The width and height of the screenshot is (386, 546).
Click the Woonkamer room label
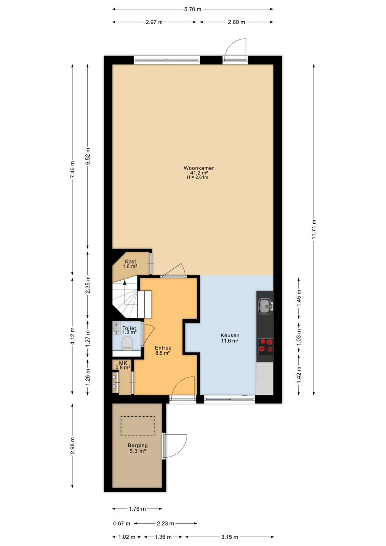point(199,168)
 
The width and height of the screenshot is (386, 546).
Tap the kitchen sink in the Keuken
point(265,306)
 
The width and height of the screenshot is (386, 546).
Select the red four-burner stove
point(265,347)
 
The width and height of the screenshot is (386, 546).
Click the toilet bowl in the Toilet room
point(127,344)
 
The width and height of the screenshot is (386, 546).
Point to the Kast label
point(130,262)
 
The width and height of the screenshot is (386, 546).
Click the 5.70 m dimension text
point(193,9)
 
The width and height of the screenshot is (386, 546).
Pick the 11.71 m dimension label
point(314,229)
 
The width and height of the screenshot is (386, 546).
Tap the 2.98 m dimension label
point(72,446)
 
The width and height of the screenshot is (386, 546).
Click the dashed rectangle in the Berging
point(138,426)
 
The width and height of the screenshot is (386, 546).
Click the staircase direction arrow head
point(125,282)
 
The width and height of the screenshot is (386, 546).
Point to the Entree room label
point(163,348)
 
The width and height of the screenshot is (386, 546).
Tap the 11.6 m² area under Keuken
point(229,341)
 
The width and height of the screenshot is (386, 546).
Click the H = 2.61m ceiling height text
point(198,177)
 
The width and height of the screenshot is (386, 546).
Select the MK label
point(123,363)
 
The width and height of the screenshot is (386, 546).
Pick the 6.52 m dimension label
point(88,156)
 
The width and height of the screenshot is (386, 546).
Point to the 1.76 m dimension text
point(137,509)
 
